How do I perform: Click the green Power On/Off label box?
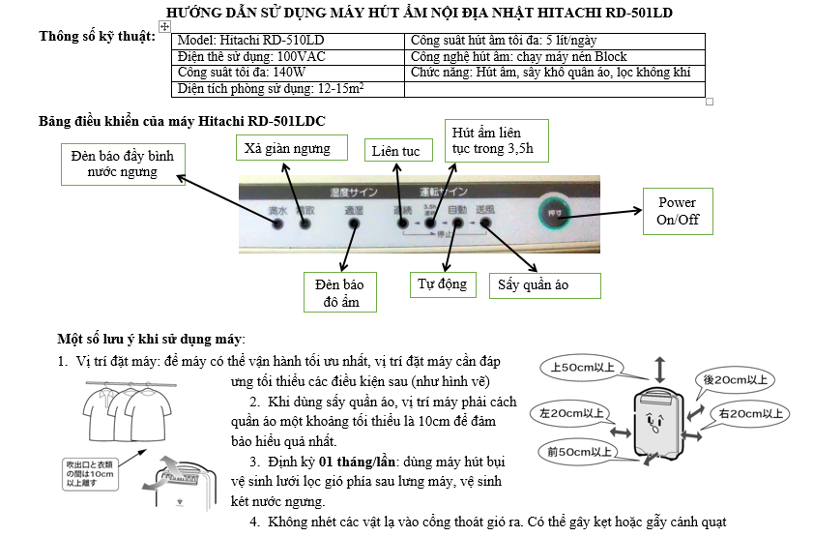coord(677,211)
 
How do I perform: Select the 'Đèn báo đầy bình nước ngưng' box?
coord(122,164)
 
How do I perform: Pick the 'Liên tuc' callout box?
coord(395,151)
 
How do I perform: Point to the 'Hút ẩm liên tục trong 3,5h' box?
coord(494,140)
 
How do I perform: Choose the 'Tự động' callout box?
coord(442,283)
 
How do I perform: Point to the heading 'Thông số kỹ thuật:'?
coord(97,37)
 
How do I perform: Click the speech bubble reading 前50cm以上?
coord(578,452)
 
